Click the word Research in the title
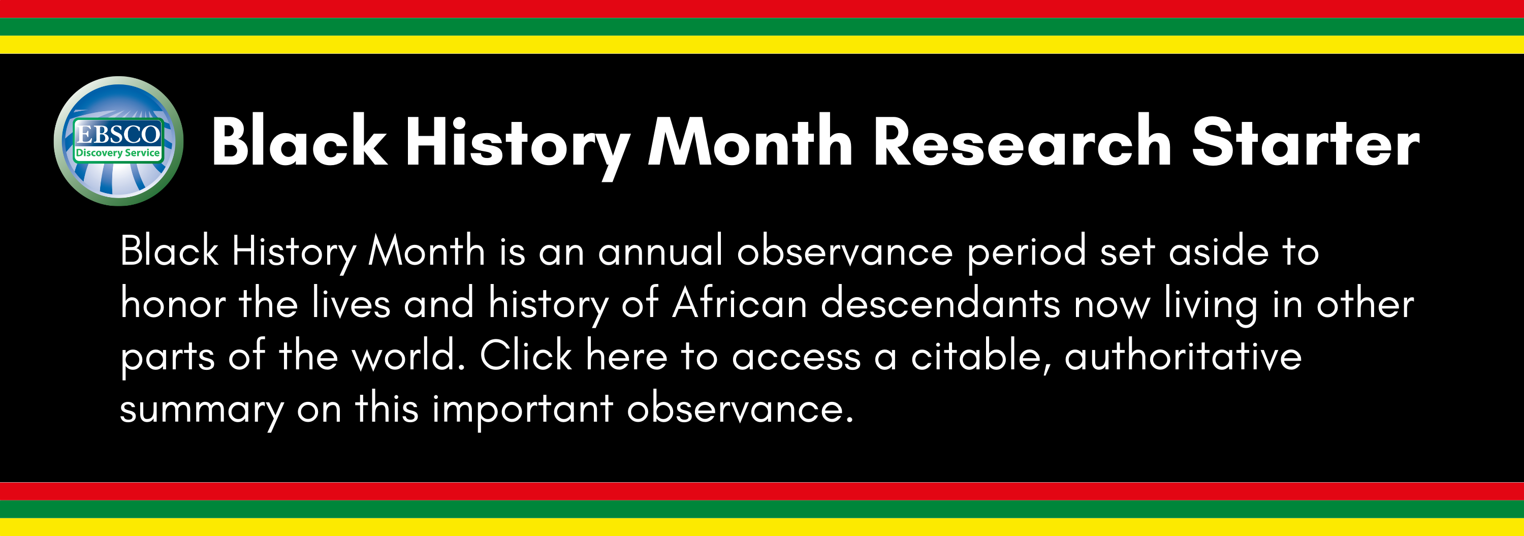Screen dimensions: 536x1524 coord(1022,142)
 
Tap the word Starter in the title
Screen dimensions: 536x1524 coord(1305,142)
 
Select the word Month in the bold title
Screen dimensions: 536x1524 coord(750,142)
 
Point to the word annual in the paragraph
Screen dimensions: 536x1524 coord(660,251)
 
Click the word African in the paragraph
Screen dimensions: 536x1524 coord(740,303)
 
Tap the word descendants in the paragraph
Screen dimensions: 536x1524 coord(940,303)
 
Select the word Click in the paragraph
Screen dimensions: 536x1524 coord(525,356)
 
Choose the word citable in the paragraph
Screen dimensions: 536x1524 coord(982,356)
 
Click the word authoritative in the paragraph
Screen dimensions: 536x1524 coord(1183,356)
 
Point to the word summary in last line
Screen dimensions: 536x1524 coord(201,409)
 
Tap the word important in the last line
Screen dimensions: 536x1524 coord(522,409)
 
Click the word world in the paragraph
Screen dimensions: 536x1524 coord(408,356)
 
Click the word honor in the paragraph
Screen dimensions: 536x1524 coord(173,303)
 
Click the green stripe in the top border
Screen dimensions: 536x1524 coord(762,26)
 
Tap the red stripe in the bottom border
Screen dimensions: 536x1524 coord(762,491)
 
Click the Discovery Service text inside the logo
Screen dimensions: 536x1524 coord(118,152)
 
